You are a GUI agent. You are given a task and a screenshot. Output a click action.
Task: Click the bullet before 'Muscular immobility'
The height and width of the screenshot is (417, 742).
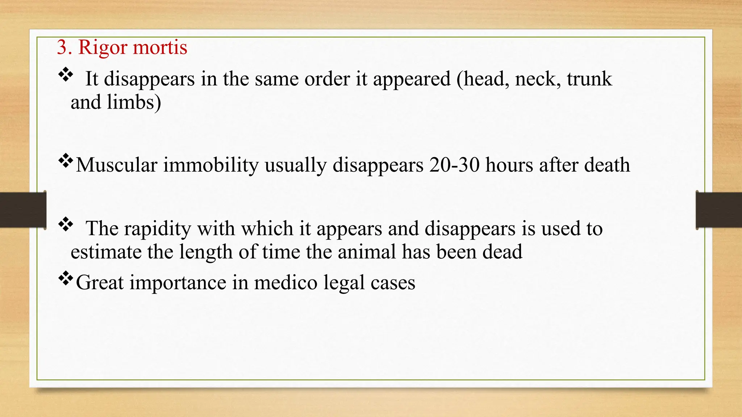coord(66,161)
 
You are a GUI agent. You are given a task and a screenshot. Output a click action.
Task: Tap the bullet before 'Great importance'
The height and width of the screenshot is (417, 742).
coord(66,278)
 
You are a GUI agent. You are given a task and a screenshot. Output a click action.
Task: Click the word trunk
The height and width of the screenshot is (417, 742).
coord(589,79)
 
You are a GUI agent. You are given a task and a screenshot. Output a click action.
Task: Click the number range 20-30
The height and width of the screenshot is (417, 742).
coord(454,165)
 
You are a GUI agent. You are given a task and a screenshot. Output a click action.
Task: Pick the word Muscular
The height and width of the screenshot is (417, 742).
coord(116,165)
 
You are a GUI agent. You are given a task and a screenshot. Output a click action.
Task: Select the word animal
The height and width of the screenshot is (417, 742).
coord(367,252)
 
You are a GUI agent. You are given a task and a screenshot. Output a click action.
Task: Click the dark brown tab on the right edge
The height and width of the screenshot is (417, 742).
coord(719,210)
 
